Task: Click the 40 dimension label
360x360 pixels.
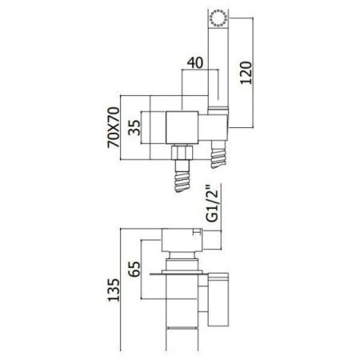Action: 195,63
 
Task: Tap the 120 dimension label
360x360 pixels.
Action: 246,73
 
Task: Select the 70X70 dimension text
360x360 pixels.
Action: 114,127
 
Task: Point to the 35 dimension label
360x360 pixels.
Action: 134,128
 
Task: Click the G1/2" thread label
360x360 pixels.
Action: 213,203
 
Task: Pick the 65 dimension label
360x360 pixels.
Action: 134,269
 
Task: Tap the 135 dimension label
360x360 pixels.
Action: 114,290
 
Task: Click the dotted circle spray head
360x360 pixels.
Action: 218,18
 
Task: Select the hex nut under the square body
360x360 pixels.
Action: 182,153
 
